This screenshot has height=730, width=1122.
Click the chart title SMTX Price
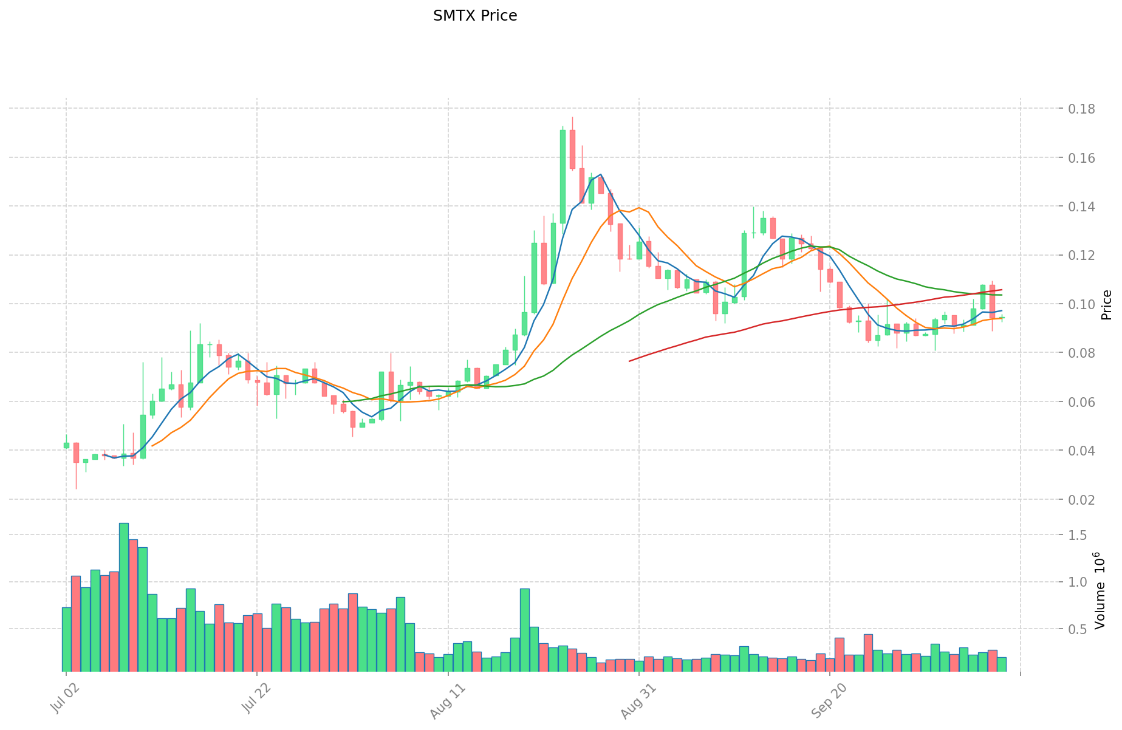[x=475, y=16]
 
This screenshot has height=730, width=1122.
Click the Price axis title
[x=1106, y=305]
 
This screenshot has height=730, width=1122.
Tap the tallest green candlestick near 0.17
[x=563, y=176]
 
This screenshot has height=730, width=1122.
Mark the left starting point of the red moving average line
[x=629, y=361]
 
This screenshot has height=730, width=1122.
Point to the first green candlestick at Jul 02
[x=66, y=445]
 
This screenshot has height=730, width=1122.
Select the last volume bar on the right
[x=1001, y=664]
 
